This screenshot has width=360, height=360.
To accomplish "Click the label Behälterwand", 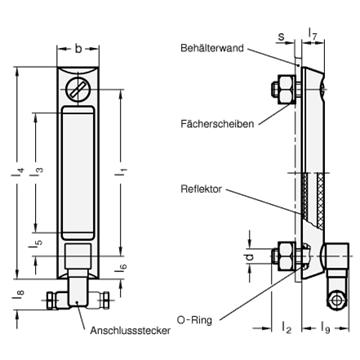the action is coord(212,48).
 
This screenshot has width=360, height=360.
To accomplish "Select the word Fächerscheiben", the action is coord(217,124).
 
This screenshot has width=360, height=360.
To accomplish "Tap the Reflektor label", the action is coord(201,189).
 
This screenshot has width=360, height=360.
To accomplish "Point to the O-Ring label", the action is coord(194,321).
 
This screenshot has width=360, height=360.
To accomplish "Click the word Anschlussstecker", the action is coord(130,331).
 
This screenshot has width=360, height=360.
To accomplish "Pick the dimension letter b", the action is coord(78,49).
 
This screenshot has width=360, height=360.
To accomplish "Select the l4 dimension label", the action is coord(18,172).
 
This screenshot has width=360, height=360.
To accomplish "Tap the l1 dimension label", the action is coord(122,172).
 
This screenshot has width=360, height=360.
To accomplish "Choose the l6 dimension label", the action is coord(121,267).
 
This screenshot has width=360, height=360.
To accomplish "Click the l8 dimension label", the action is coord(19,295).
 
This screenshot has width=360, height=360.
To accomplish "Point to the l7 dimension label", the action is coord(313,33).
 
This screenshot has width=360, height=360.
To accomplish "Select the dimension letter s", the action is coord(281,37).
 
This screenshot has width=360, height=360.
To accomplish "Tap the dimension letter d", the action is coord(250,257).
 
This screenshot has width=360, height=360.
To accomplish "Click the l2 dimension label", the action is coord(287,328).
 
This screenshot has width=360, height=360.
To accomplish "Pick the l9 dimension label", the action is coord(325,327).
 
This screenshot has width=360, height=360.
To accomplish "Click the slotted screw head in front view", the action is coord(78,89).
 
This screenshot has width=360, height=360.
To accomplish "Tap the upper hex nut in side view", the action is coord(286,89).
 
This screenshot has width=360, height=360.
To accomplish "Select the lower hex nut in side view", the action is coord(286,256).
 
